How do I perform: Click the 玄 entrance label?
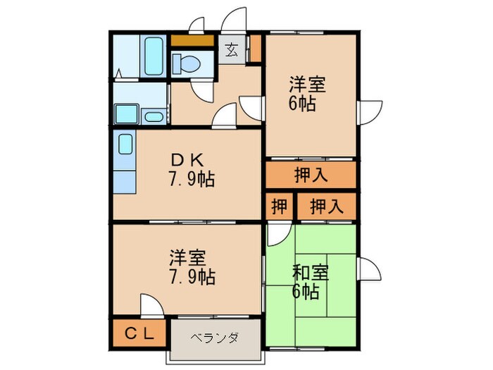coord(231,51)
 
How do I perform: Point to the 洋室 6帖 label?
coord(307,94)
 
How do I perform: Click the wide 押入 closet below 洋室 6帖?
coord(311,175)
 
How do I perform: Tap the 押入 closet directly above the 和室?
coord(326,207)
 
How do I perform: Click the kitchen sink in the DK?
coord(125,145)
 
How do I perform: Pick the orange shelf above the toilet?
coord(192,39)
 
